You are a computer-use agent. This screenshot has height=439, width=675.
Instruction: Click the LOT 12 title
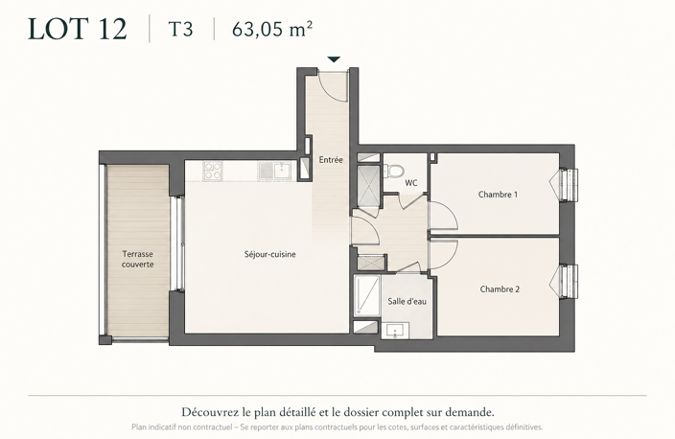[x=78, y=30]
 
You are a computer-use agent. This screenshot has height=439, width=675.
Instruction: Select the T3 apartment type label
[x=180, y=30]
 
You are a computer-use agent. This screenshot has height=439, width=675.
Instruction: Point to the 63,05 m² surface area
[x=272, y=30]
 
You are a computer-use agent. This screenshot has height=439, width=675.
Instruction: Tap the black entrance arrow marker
[x=334, y=59]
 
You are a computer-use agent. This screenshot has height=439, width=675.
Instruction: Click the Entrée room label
[x=331, y=160]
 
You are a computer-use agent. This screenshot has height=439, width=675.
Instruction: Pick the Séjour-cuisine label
[x=270, y=254]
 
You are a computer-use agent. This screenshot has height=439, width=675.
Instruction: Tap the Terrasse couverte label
[x=138, y=259]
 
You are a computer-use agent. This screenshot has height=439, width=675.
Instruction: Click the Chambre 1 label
[x=498, y=195]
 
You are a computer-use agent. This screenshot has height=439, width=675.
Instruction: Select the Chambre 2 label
[x=500, y=289]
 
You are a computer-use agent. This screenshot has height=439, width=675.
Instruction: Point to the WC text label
[x=411, y=183]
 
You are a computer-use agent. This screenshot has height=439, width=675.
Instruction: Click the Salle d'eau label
[x=407, y=301]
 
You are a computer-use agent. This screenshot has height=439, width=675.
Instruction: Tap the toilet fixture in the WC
[x=392, y=171]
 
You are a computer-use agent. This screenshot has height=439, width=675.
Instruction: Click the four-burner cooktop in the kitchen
[x=213, y=171]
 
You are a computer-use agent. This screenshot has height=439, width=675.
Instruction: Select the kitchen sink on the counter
[x=275, y=171]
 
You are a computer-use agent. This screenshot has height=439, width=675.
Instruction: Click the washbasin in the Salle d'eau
[x=395, y=331]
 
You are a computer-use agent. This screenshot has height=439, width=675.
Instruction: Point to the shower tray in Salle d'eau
[x=367, y=295]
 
